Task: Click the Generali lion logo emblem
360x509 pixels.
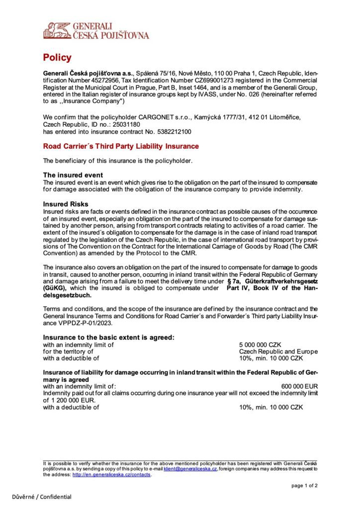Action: tap(57, 30)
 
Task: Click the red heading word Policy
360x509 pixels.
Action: tap(57, 58)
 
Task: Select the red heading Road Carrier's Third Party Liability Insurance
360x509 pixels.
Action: tap(121, 146)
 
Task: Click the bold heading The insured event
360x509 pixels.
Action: tap(73, 175)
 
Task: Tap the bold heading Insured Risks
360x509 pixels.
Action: tap(66, 204)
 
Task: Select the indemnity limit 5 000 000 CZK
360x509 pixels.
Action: tap(261, 344)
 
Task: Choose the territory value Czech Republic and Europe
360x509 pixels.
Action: tap(278, 351)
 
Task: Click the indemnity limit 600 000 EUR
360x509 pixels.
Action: tap(299, 386)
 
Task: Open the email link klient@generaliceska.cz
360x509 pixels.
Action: tap(190, 468)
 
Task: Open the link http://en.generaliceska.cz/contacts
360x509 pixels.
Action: tap(111, 474)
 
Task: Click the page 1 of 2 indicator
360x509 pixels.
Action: tap(304, 486)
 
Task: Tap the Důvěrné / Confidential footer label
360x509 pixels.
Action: tap(42, 497)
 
